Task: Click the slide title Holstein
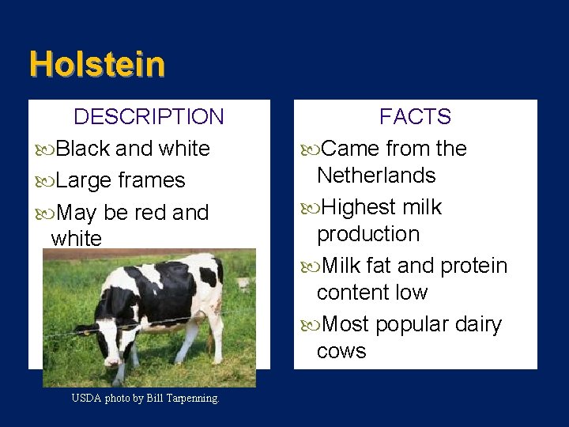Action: pos(97,64)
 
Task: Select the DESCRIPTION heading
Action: pos(149,117)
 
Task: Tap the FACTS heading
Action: pos(415,117)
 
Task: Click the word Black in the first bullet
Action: pos(84,149)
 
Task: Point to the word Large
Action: pos(85,181)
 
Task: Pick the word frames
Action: pos(152,181)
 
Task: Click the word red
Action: pos(150,213)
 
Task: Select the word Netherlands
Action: pos(376,176)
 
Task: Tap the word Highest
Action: pos(360,207)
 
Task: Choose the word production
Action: pos(368,235)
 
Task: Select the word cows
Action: pos(341,351)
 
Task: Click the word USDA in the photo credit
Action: pos(86,399)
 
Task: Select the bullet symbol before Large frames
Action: pos(45,181)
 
